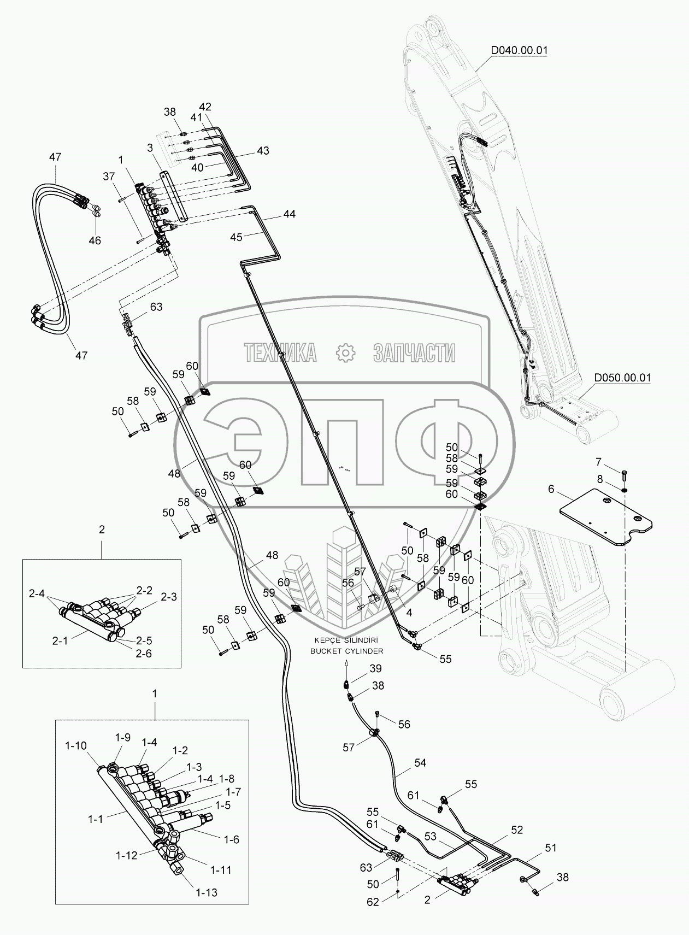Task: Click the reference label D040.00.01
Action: (519, 50)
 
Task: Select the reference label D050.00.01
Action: (622, 378)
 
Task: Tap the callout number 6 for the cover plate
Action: (551, 490)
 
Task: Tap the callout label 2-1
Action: (60, 640)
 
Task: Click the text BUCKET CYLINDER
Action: (346, 651)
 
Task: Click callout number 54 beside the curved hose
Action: (420, 762)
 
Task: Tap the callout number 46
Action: (95, 240)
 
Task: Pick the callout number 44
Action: (289, 214)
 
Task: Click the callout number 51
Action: (550, 848)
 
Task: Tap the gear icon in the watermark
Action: (345, 353)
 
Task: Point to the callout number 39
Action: (375, 668)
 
